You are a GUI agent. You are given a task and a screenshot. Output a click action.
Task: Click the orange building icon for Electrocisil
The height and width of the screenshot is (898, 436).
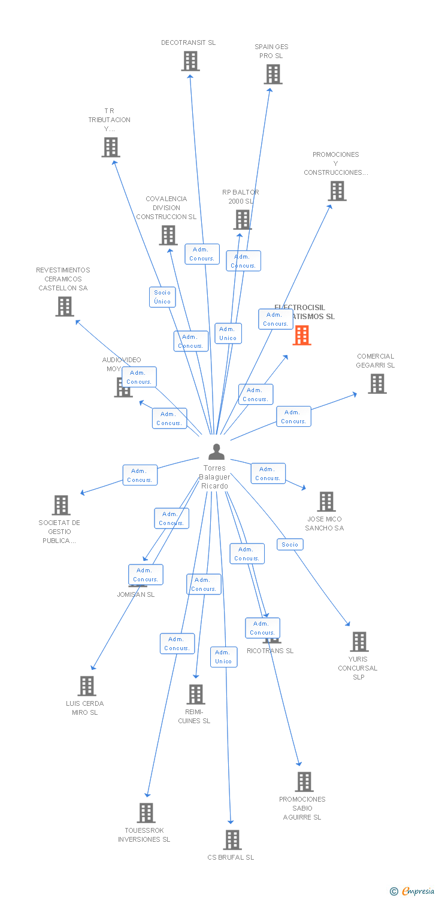pyautogui.click(x=302, y=335)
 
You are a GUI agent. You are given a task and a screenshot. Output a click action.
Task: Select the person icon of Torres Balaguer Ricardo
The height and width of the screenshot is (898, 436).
pyautogui.click(x=216, y=452)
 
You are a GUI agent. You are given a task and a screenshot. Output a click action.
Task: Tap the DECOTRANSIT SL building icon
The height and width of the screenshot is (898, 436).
pyautogui.click(x=190, y=61)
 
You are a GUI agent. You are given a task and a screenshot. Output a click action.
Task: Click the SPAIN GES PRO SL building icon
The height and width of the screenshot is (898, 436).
pyautogui.click(x=273, y=74)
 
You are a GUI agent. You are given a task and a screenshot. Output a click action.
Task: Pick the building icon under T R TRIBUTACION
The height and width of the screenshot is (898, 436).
pyautogui.click(x=111, y=147)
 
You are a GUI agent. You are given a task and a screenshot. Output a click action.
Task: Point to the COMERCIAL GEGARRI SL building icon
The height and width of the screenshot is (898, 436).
pyautogui.click(x=377, y=384)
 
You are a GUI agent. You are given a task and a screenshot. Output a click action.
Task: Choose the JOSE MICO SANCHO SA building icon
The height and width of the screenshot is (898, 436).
pyautogui.click(x=326, y=502)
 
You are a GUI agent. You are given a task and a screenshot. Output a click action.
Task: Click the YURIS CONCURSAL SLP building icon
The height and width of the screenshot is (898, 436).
pyautogui.click(x=359, y=642)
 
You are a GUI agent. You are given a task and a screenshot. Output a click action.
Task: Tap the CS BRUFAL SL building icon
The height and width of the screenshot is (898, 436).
pyautogui.click(x=232, y=840)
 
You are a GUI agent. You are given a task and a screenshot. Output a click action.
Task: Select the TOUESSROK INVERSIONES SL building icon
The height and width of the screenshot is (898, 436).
pyautogui.click(x=146, y=813)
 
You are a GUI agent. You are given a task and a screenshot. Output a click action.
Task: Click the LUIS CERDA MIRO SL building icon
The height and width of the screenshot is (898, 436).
pyautogui.click(x=87, y=686)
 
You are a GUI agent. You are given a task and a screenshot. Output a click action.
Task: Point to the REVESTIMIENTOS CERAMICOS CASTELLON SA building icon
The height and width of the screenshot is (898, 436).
pyautogui.click(x=64, y=307)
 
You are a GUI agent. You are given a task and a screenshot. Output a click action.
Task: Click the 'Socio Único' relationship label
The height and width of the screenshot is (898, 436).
pyautogui.click(x=162, y=297)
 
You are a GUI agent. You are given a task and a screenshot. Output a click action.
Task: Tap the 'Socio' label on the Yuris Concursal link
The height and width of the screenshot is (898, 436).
pyautogui.click(x=290, y=544)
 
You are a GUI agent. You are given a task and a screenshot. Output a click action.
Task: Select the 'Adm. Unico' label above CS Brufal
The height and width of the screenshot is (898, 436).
pyautogui.click(x=223, y=657)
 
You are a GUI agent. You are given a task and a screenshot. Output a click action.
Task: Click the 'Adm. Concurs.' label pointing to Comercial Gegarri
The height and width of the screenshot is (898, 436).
pyautogui.click(x=293, y=417)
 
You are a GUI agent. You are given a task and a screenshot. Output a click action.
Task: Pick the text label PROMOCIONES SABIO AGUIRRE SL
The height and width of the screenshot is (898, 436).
pyautogui.click(x=302, y=808)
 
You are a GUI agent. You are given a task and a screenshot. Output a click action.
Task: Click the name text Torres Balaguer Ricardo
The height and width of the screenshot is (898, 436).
pyautogui.click(x=215, y=477)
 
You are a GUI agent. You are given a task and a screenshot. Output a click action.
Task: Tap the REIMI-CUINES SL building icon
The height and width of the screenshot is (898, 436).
pyautogui.click(x=196, y=694)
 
